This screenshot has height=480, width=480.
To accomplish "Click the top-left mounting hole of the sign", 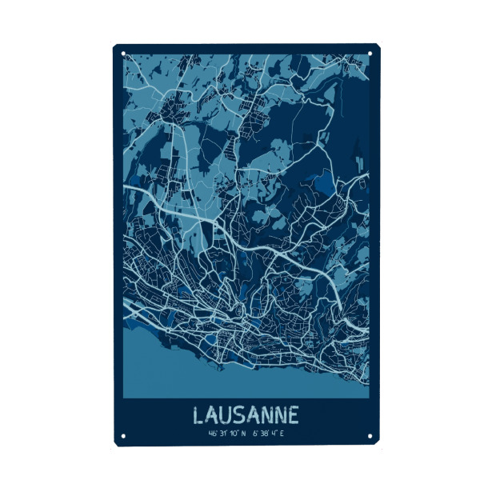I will [123, 54].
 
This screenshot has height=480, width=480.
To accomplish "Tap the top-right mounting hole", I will [370, 54].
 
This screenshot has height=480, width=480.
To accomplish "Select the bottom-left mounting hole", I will [123, 437].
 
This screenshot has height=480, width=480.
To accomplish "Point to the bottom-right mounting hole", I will [370, 437].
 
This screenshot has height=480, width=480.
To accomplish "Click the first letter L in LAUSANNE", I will [199, 415].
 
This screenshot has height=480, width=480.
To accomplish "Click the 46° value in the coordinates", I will [212, 434].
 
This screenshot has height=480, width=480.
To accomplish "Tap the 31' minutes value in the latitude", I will [222, 434].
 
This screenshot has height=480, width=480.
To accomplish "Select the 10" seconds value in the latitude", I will [233, 434].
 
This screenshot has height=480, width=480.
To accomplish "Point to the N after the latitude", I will [242, 434].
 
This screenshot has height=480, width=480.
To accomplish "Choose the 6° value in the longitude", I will [253, 434].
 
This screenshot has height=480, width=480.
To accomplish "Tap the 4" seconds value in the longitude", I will [273, 434].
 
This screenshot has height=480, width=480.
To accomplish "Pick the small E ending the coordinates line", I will [282, 434].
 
